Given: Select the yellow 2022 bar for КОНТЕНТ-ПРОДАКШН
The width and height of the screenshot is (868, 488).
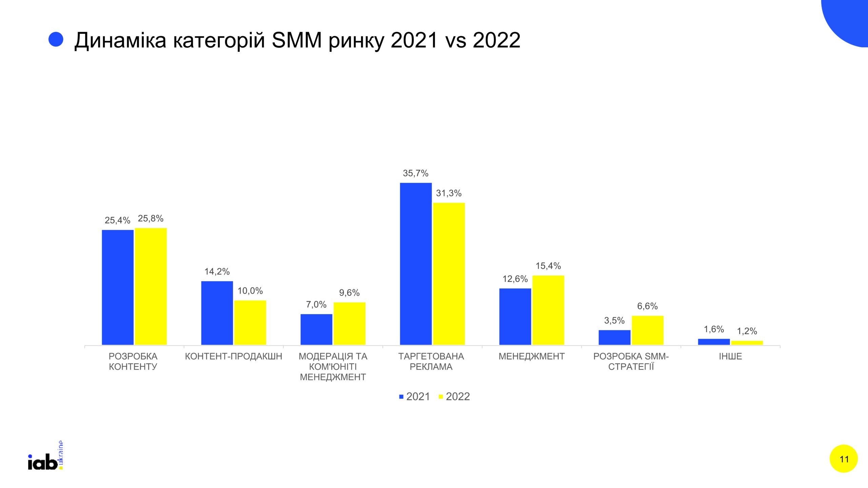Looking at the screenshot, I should tap(250, 322).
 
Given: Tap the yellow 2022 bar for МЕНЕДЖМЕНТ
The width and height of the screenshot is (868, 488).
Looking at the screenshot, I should tap(548, 310).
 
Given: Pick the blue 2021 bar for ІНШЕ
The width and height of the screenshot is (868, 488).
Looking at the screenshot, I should tap(714, 342).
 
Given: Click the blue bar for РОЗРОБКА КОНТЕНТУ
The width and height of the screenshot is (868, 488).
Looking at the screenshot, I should tap(118, 287).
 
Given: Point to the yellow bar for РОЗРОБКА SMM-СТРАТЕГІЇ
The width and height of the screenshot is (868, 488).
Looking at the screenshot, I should tap(648, 330).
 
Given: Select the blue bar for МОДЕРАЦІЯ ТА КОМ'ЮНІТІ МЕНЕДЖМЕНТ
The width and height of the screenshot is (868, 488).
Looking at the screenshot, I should tap(316, 329).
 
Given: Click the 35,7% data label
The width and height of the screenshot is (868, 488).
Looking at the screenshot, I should tap(416, 173).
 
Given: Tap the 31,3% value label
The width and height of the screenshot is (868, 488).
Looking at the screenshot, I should tap(449, 193).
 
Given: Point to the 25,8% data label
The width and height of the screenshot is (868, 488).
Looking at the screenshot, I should tap(151, 218).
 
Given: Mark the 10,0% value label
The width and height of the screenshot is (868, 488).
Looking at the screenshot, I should tap(250, 291).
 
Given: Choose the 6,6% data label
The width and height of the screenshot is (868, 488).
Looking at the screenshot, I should tap(648, 306).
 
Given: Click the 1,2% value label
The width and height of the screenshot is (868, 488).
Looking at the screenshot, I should tap(747, 331).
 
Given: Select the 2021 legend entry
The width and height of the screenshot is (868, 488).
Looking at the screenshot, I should tap(414, 396).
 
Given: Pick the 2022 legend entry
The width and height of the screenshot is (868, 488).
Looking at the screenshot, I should tap(454, 396).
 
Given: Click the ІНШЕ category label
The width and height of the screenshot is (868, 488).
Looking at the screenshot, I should tap(730, 356).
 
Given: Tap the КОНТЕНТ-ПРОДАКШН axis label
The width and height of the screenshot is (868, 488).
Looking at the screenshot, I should tap(234, 356).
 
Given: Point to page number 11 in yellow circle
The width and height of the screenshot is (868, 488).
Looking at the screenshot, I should tap(844, 459).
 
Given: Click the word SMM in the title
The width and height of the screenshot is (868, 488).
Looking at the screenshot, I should tap(297, 40).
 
